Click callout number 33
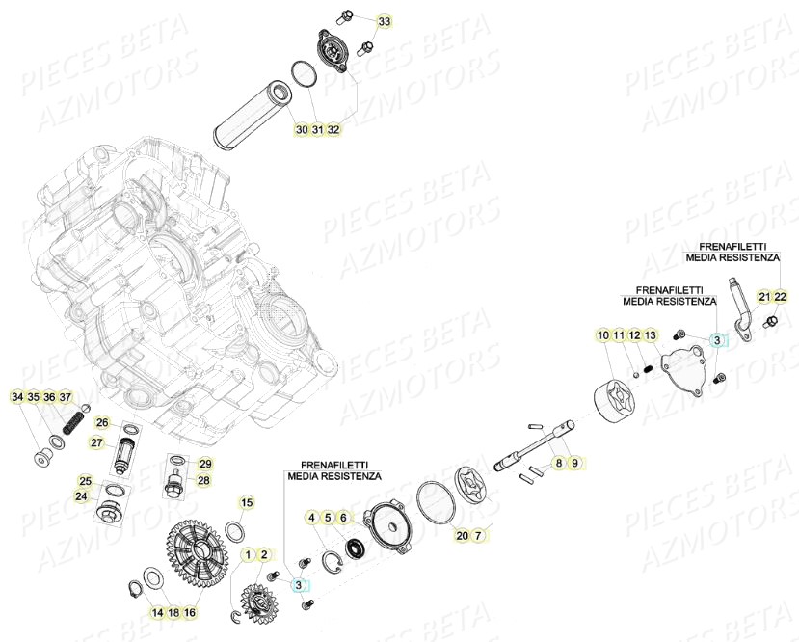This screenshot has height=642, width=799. pos(385,21)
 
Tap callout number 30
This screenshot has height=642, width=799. pos(301,129)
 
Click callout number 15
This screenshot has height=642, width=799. pos(247,502)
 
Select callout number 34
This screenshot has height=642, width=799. pos(18,397)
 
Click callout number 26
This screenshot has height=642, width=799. pos(102,420)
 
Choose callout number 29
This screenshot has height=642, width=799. pos(205,464)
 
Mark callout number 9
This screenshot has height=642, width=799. pos(574,464)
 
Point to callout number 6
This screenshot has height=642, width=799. pos(343,518)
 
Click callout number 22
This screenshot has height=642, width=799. pos(781,297)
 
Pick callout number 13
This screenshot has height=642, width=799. pos(651,335)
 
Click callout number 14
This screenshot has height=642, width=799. pos(156,611)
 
